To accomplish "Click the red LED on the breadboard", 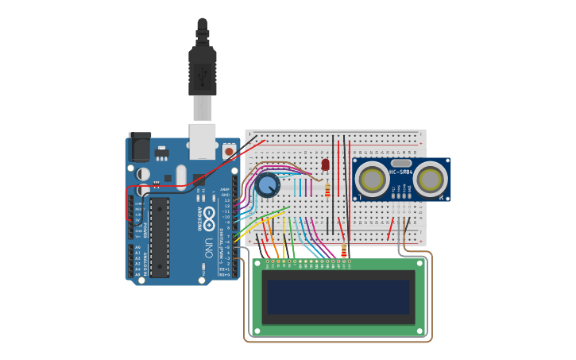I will [325, 165].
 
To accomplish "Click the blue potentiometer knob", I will [268, 186].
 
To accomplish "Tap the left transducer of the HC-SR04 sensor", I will [371, 180].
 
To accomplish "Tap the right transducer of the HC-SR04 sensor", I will [429, 180].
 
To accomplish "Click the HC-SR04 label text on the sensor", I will [400, 171].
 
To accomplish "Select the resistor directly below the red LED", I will [327, 190].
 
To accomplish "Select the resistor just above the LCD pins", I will [344, 251].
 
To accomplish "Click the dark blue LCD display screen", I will [338, 296].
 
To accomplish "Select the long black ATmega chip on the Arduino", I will [159, 237].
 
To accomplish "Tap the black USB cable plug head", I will [203, 72].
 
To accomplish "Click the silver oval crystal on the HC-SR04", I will [400, 162].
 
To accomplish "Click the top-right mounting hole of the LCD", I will [420, 265].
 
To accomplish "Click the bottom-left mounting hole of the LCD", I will [257, 330].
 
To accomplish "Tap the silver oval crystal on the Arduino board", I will [181, 176].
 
